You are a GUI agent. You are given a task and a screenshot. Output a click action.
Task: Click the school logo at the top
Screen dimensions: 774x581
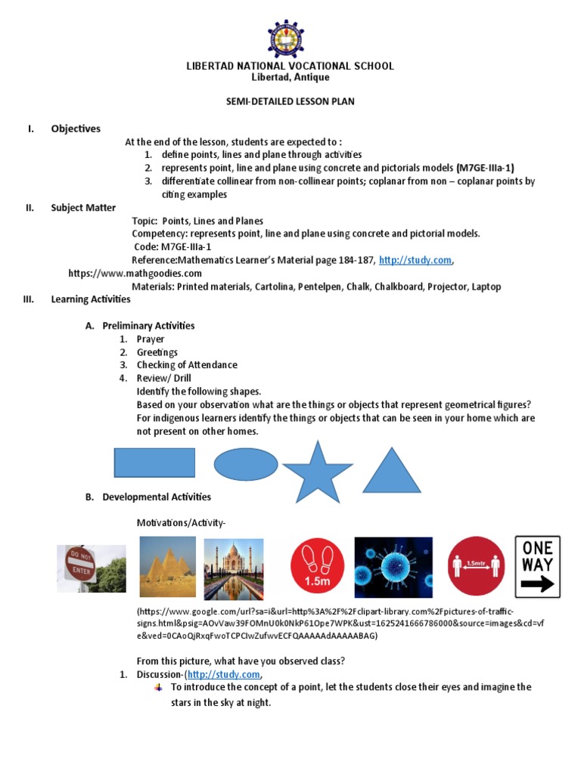click(290, 33)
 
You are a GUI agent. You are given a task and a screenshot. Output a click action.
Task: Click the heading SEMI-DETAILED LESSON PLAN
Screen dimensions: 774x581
click(290, 101)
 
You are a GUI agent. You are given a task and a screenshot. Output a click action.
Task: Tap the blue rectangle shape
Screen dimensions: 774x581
click(154, 462)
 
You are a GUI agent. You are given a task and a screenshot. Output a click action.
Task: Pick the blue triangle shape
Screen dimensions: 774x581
click(391, 471)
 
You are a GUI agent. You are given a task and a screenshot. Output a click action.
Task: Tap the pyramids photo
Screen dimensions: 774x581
click(166, 567)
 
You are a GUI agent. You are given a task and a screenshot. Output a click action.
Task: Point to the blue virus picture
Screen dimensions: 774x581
click(393, 568)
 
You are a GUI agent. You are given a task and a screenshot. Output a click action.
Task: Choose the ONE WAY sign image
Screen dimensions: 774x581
click(537, 567)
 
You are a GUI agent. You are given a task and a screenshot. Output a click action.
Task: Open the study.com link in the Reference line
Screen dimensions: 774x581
click(415, 260)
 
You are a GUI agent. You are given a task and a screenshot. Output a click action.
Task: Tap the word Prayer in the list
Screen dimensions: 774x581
click(151, 339)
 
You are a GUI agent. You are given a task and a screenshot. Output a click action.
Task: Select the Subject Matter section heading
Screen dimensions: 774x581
click(83, 207)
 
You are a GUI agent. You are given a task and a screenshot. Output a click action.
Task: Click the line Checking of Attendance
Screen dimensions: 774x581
click(187, 365)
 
